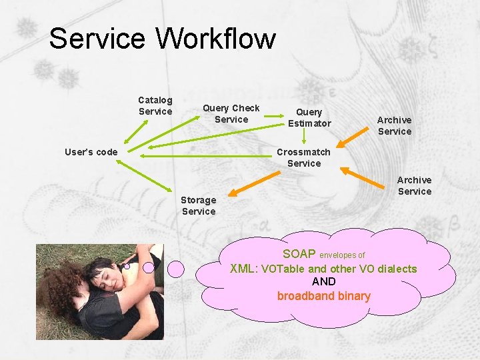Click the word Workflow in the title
[216, 39]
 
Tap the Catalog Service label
[155, 105]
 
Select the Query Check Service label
[231, 113]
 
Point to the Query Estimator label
[309, 117]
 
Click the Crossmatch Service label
[304, 157]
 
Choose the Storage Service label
[199, 205]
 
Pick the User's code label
[91, 152]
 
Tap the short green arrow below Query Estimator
[304, 137]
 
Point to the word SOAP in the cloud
[299, 254]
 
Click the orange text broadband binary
[323, 296]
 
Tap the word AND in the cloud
[324, 281]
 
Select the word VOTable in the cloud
[284, 269]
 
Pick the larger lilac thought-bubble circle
[175, 268]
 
